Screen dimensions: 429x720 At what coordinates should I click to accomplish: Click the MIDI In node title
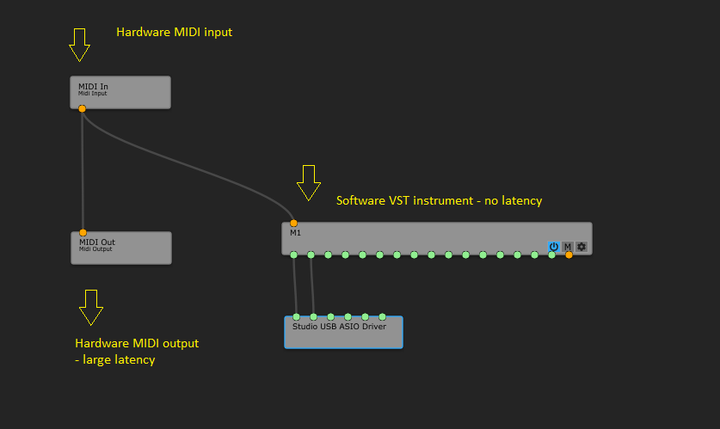pos(93,86)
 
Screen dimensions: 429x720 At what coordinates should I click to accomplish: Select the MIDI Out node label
pos(96,242)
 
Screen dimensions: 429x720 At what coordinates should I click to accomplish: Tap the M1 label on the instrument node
pos(295,233)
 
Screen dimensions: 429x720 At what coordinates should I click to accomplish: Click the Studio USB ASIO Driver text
pos(339,327)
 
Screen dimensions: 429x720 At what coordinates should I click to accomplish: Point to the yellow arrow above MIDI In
pos(80,45)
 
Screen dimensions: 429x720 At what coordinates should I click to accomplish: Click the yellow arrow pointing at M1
pos(308,182)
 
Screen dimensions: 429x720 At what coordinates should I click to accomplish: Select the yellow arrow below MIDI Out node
pos(91,307)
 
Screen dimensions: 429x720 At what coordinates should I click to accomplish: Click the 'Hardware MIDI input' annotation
pos(174,33)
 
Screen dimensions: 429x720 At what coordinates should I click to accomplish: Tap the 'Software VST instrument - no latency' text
pos(439,200)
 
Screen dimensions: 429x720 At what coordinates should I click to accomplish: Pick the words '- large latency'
pos(115,360)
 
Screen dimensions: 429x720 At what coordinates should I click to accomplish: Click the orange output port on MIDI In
pos(82,108)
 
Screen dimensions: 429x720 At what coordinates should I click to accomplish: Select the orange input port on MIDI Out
pos(83,232)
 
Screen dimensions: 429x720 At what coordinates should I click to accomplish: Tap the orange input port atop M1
pos(293,224)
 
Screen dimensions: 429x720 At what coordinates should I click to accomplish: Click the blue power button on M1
pos(554,247)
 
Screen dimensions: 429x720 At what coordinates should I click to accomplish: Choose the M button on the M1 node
pos(568,247)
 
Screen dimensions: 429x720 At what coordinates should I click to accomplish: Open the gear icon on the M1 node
pos(582,247)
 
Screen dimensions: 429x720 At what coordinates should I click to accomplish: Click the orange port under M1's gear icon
pos(569,254)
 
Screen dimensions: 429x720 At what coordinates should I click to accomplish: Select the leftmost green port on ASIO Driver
pos(296,317)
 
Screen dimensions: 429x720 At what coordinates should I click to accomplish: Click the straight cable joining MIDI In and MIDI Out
pos(83,172)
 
